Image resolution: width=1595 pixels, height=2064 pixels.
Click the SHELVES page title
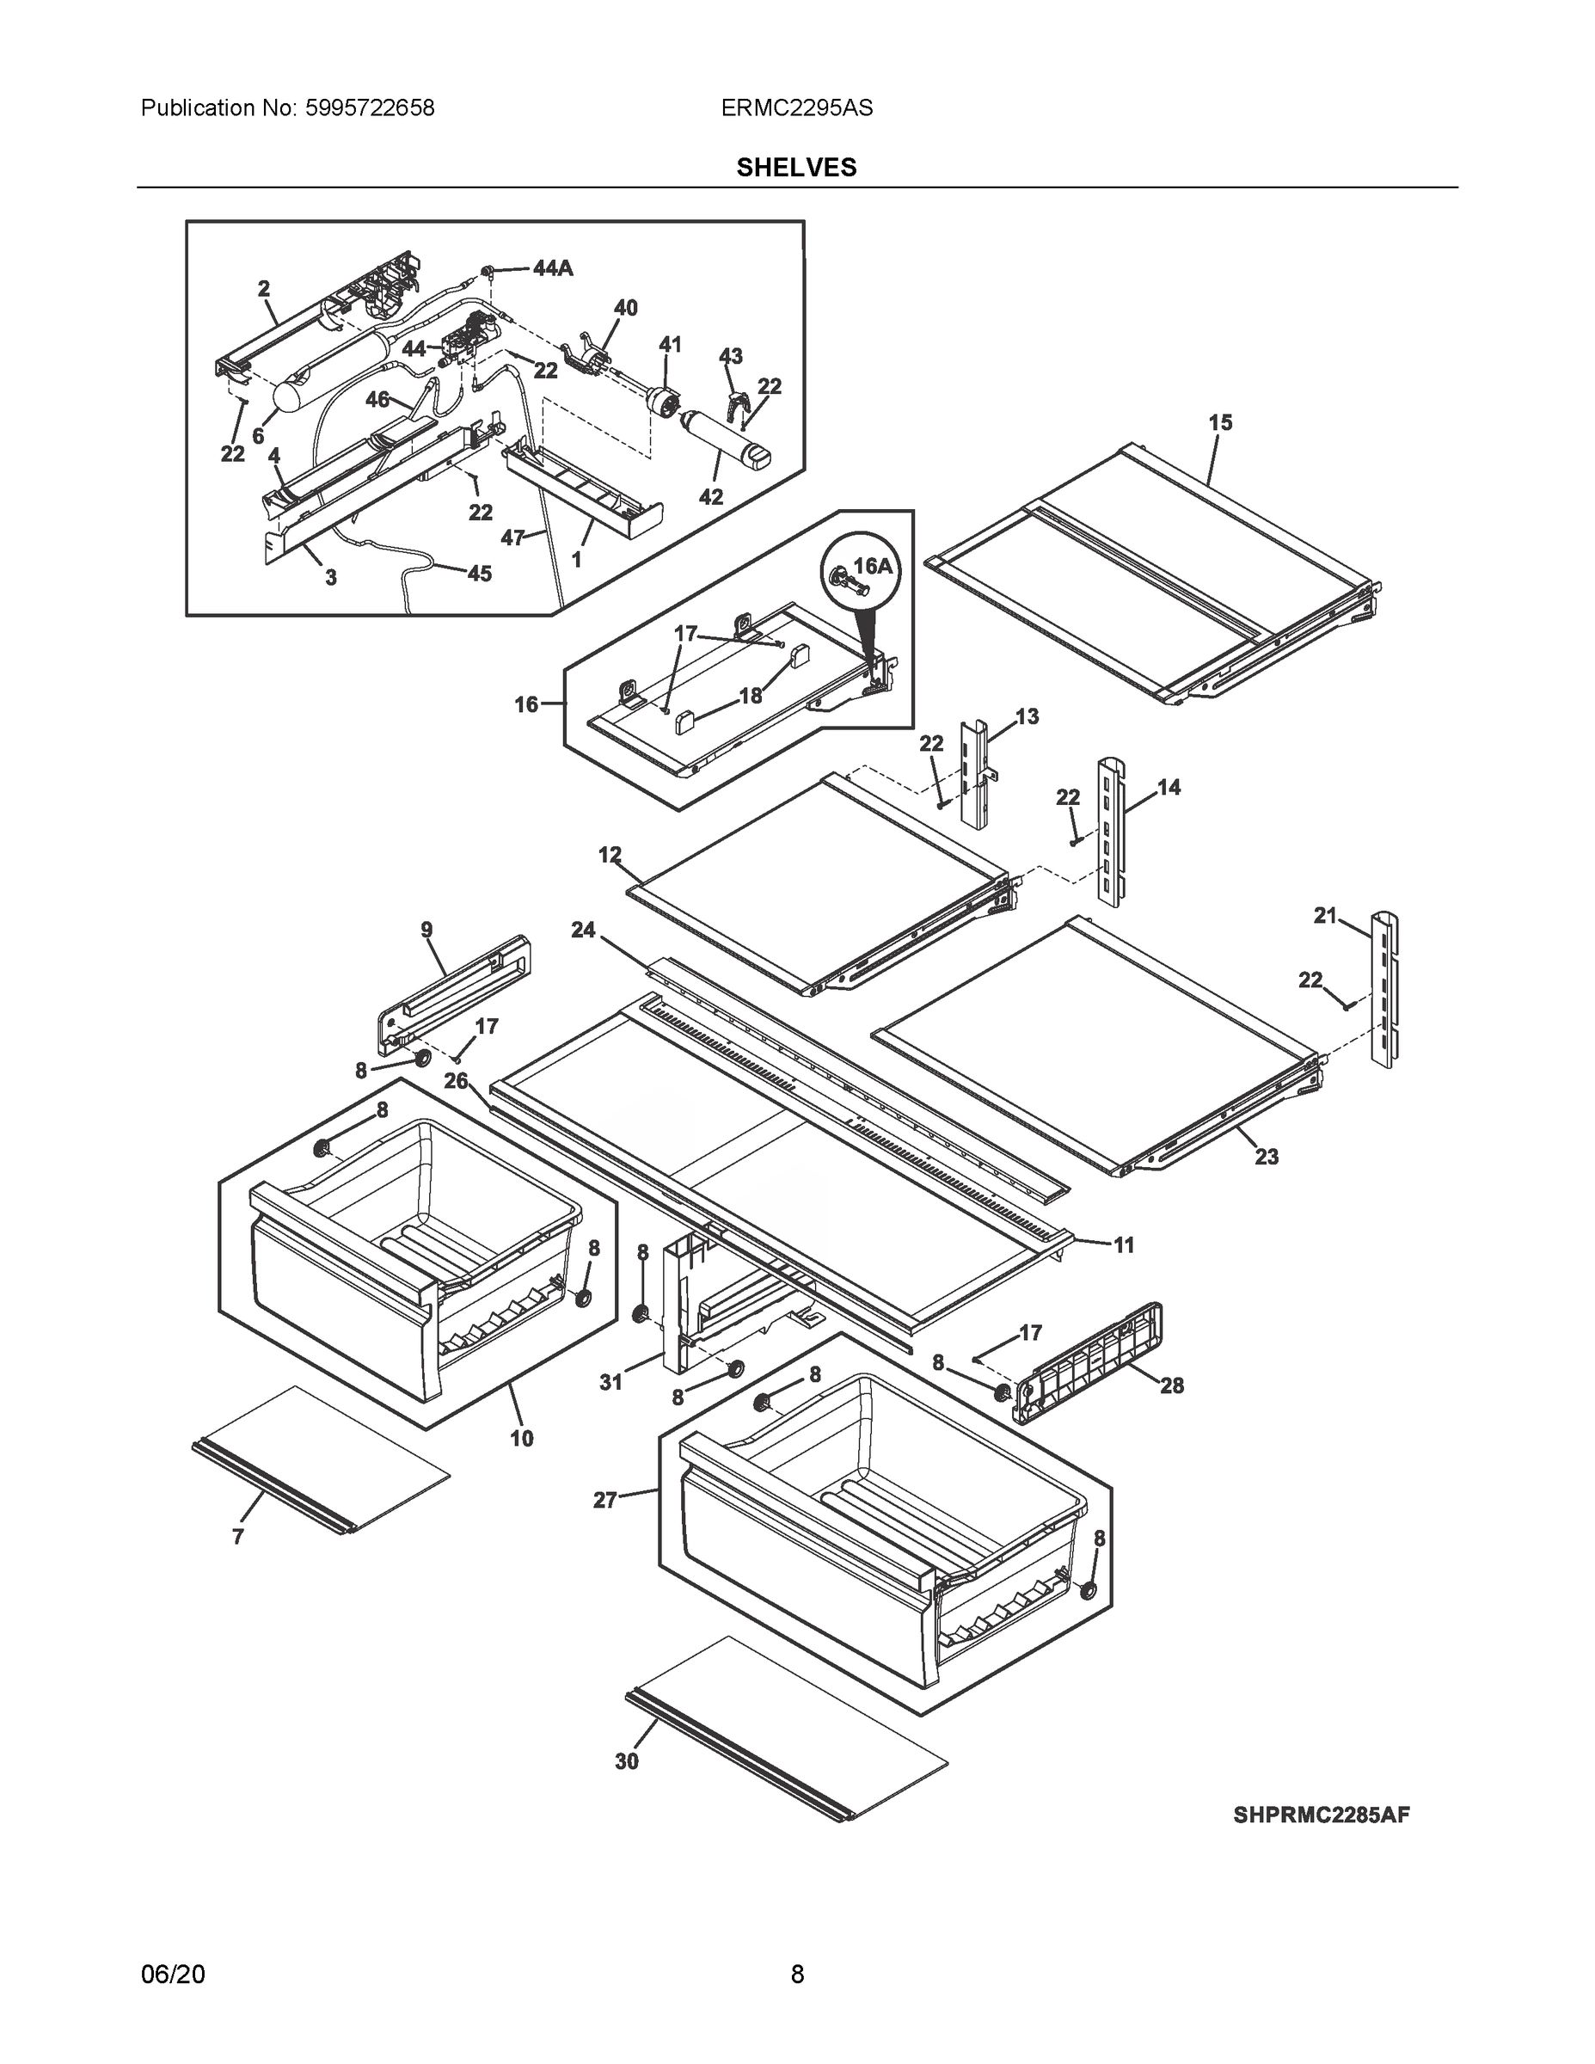click(x=796, y=168)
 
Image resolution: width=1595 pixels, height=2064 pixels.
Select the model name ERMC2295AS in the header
click(x=796, y=107)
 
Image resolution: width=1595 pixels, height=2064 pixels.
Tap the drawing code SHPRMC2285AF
click(x=1321, y=1815)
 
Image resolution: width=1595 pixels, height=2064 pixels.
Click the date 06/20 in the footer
click(x=172, y=1974)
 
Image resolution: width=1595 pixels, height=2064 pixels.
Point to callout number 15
click(x=1220, y=422)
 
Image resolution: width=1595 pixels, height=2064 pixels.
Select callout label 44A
click(x=552, y=268)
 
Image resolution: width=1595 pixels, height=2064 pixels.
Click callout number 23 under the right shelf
click(x=1267, y=1156)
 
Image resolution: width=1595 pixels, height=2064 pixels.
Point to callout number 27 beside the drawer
click(x=604, y=1500)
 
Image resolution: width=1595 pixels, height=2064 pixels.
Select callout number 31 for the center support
click(x=611, y=1382)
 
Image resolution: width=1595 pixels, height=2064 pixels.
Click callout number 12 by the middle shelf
click(x=610, y=854)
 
